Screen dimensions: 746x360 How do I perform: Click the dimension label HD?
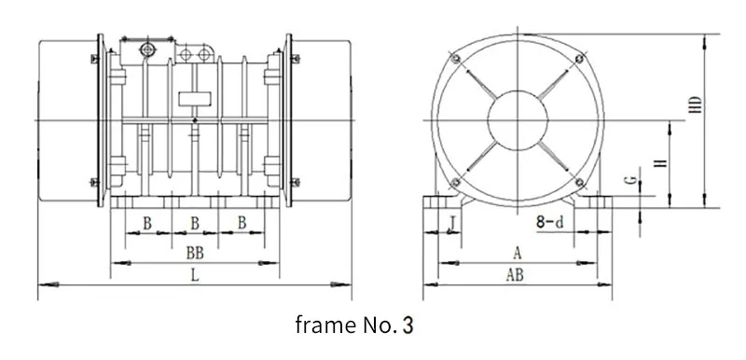696,104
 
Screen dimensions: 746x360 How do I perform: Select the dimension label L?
195,275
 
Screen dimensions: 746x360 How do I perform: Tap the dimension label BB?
195,254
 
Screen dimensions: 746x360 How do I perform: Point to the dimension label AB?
515,275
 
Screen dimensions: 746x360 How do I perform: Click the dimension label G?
631,180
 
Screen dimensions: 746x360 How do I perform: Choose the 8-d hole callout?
550,222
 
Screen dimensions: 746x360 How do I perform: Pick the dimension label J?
453,222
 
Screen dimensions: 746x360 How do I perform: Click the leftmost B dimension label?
147,223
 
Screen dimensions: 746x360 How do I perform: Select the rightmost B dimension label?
242,223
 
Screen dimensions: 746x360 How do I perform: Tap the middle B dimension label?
195,223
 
